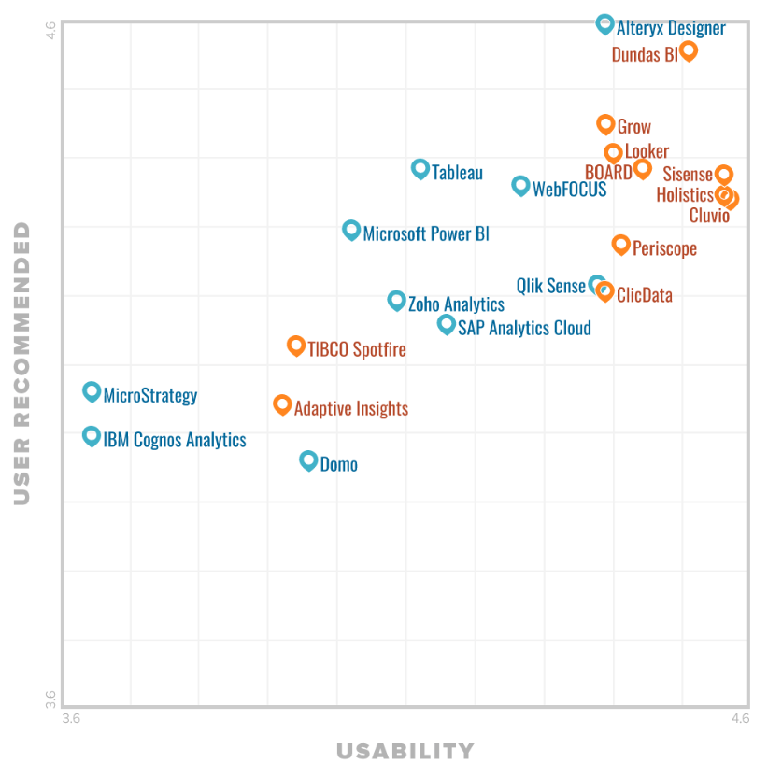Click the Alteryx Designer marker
604,23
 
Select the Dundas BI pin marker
688,50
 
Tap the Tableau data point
420,169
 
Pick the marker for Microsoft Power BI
351,230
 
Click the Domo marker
308,459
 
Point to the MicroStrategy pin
92,391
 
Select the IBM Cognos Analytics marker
92,435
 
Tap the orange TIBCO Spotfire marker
296,346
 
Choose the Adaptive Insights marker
282,403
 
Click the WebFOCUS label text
569,190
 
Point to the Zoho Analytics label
456,304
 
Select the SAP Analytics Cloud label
524,328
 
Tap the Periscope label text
664,248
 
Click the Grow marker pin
605,123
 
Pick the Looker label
647,152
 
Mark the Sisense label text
688,175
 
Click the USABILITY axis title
405,751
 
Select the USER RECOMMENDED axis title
22,363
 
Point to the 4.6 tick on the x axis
740,718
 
